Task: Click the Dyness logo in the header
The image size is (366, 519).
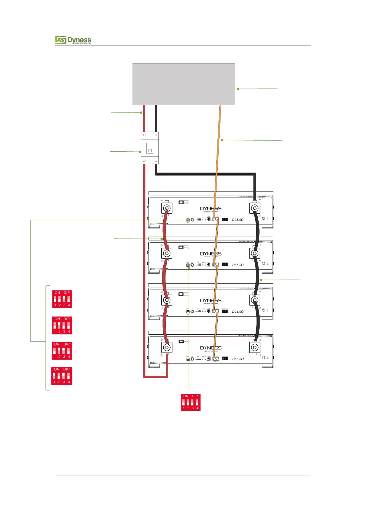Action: pos(73,40)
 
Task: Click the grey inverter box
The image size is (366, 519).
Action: pos(184,84)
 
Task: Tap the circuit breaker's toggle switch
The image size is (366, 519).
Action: pos(150,148)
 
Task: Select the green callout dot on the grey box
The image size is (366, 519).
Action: pos(238,89)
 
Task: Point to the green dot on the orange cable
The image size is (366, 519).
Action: pos(222,140)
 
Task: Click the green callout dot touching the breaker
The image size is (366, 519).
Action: pos(140,152)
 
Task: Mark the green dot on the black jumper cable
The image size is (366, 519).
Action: pos(261,280)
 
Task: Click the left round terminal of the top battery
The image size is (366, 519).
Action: pos(167,208)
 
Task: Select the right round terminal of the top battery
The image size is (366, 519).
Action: pos(254,208)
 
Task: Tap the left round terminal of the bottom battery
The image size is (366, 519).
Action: pos(167,347)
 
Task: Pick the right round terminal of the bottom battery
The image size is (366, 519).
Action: pos(254,347)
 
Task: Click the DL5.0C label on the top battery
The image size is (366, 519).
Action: pos(238,220)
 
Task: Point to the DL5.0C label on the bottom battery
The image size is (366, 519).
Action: pos(238,359)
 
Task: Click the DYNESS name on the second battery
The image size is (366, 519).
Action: pos(211,254)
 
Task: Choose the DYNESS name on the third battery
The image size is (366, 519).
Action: pos(211,300)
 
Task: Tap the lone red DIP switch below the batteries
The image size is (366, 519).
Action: pos(191,402)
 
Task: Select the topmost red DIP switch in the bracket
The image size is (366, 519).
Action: pos(62,299)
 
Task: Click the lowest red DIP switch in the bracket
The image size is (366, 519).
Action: pos(62,375)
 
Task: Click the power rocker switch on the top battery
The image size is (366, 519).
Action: pos(181,202)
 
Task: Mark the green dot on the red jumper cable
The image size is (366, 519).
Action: pos(161,239)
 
